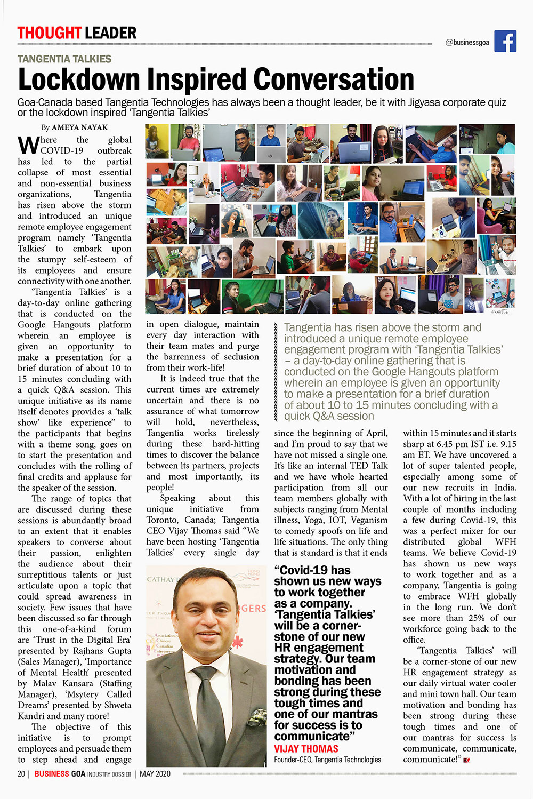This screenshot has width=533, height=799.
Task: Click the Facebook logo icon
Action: [505, 42]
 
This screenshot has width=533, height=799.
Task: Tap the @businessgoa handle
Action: [467, 43]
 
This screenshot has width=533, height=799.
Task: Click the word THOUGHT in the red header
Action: [49, 33]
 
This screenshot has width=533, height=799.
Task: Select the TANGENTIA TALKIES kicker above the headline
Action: [64, 59]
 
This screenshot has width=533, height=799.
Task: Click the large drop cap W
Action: [28, 144]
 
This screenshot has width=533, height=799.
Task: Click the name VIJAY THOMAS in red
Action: [306, 749]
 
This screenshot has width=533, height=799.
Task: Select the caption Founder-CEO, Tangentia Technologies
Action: [327, 760]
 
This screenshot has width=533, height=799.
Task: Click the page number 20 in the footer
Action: [21, 774]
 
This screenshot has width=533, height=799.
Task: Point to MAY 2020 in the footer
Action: [155, 774]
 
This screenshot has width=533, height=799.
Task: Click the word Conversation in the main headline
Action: [334, 79]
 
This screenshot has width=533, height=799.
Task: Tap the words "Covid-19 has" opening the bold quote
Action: [312, 570]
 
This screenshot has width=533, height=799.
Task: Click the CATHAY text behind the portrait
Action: [160, 579]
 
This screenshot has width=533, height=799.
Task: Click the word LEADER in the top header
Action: [111, 33]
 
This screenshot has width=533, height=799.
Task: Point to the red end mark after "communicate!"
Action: [466, 760]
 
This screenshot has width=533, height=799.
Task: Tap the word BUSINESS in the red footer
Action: [52, 774]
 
